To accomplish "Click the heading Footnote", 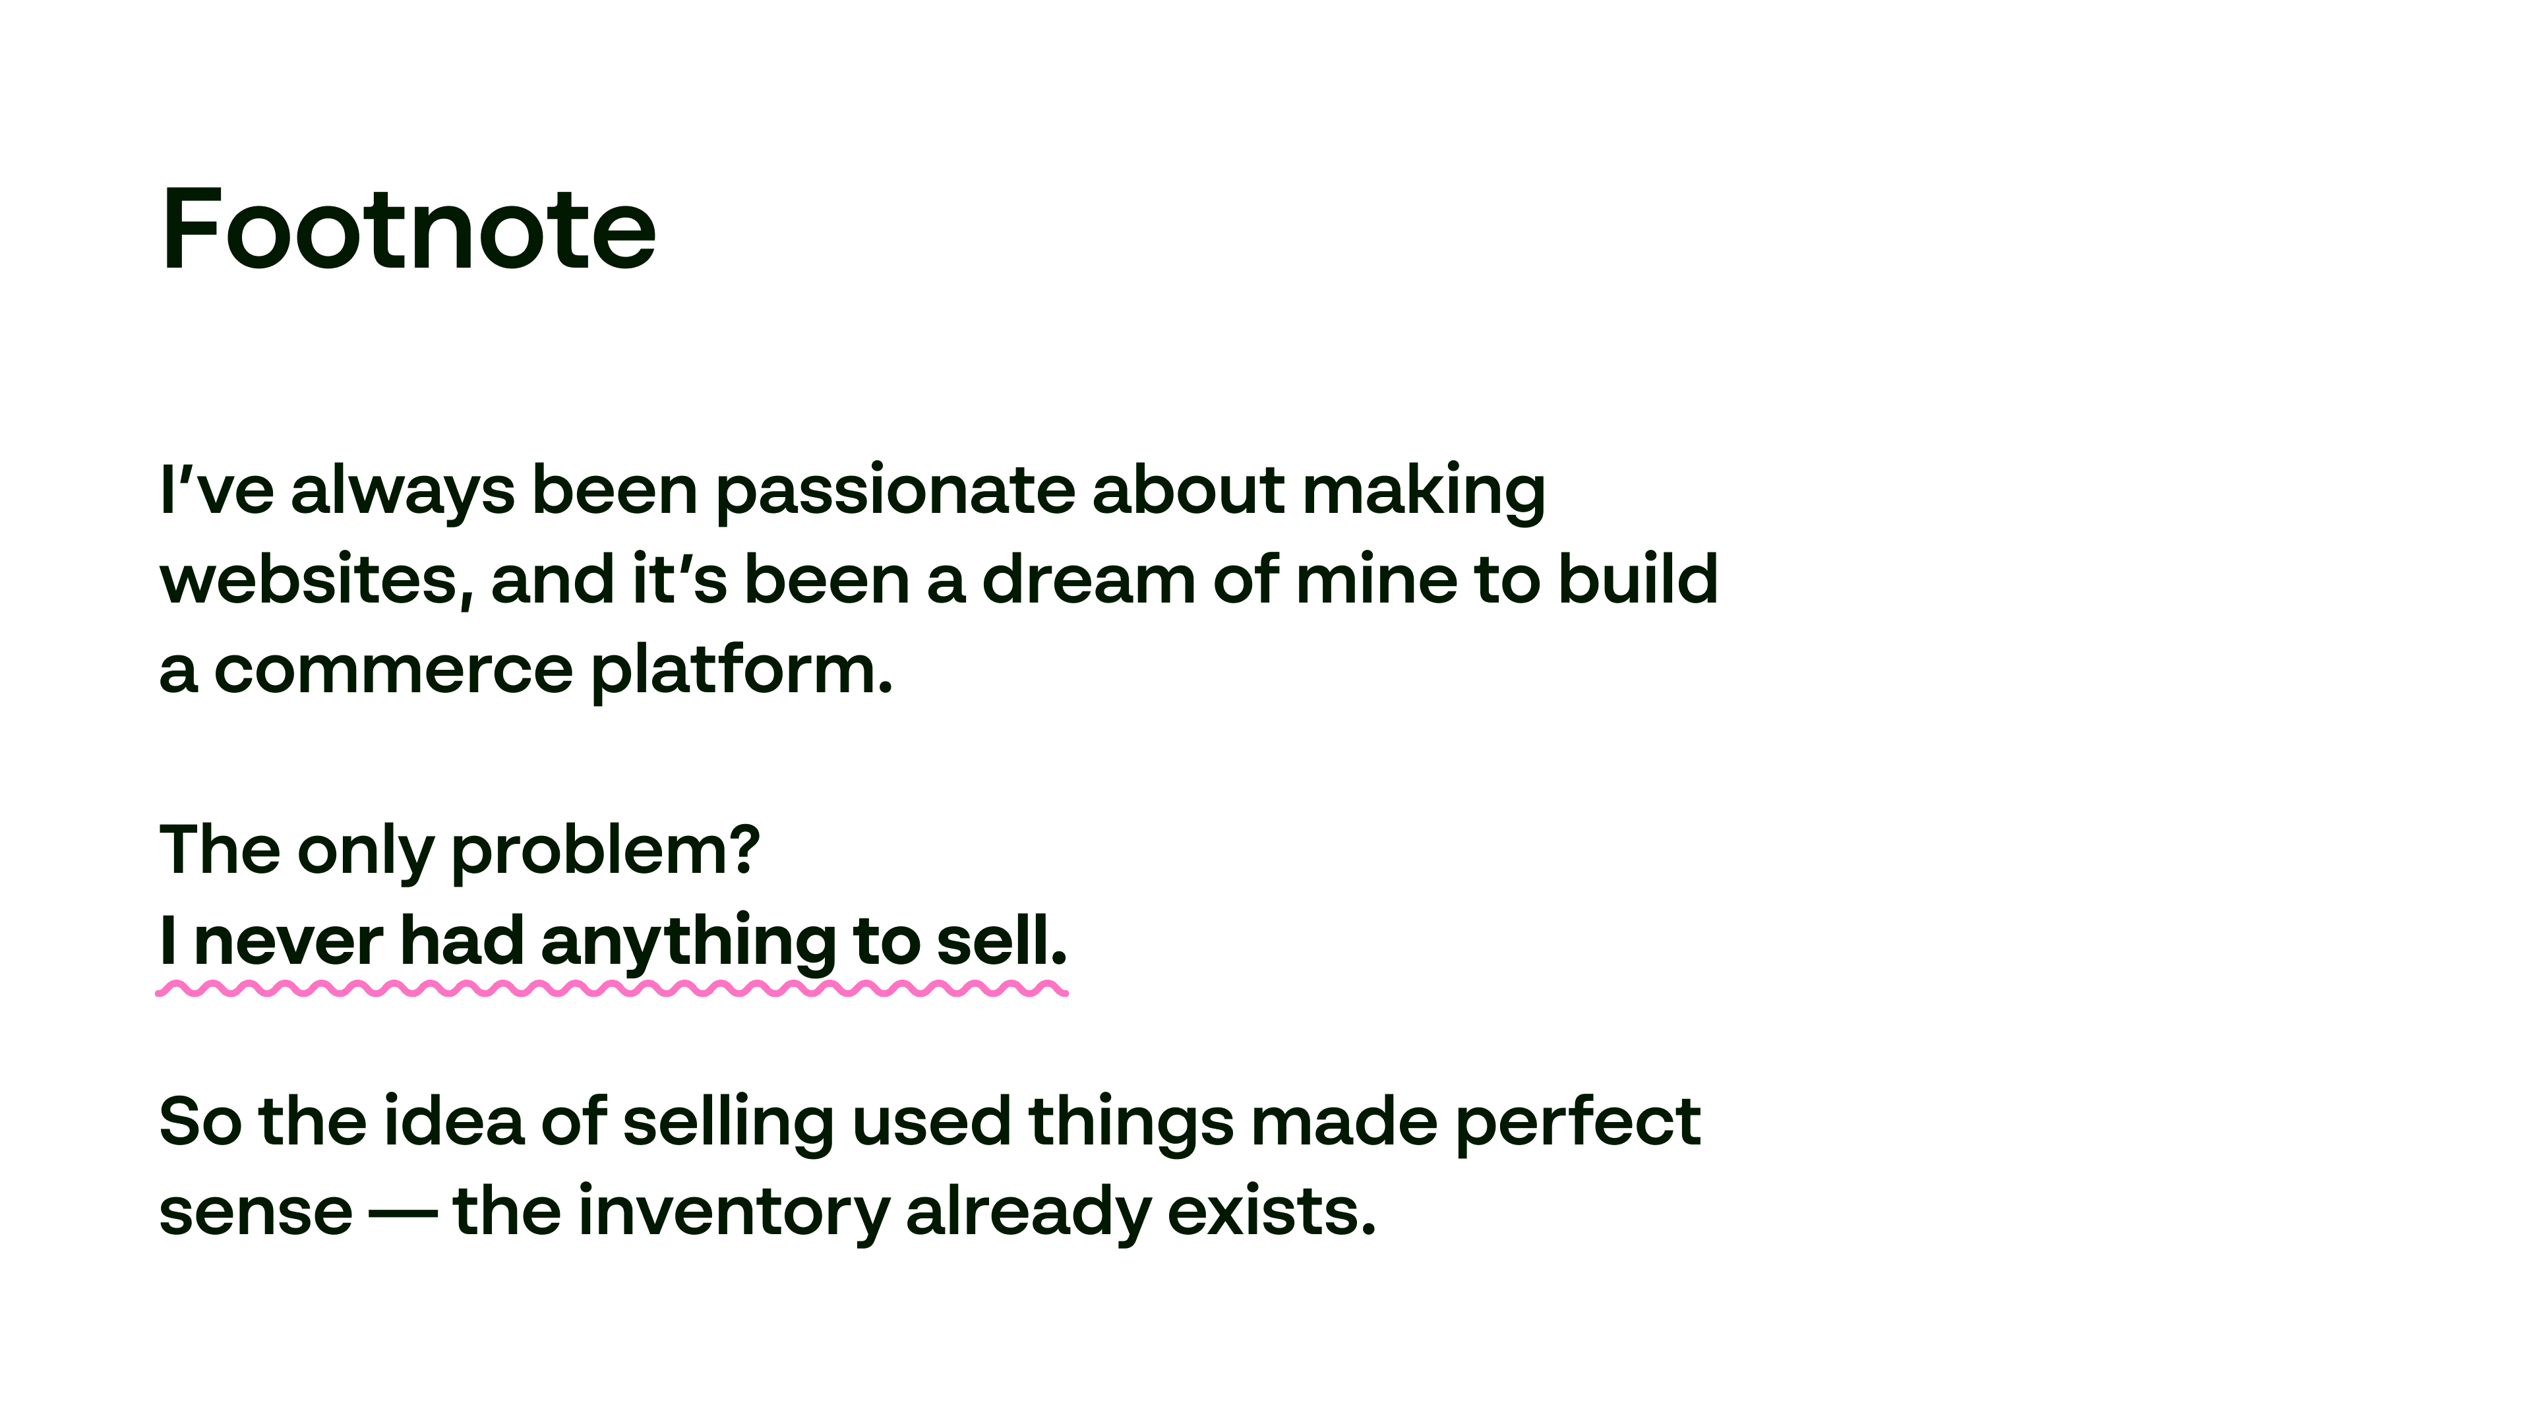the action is pyautogui.click(x=408, y=228).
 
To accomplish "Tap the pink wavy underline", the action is pyautogui.click(x=611, y=989).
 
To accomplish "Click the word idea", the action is pyautogui.click(x=453, y=1120).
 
